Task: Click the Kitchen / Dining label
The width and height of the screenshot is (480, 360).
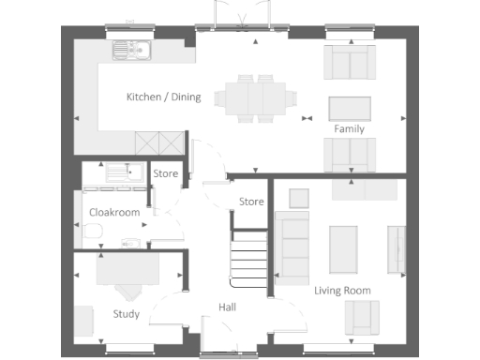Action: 163,97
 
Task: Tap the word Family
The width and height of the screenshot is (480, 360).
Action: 349,129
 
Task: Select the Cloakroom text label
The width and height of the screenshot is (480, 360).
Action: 114,213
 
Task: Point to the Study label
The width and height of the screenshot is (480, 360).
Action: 126,314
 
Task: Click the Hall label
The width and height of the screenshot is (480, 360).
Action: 228,307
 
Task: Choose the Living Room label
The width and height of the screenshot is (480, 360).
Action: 343,291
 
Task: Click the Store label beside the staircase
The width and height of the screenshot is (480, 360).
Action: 250,202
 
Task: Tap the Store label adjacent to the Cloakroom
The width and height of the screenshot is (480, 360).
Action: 166,173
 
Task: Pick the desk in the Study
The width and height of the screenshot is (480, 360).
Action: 127,270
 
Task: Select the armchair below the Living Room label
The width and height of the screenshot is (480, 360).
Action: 361,319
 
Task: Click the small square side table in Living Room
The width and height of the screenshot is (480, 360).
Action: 299,198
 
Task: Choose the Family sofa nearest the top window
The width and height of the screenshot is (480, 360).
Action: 349,62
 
